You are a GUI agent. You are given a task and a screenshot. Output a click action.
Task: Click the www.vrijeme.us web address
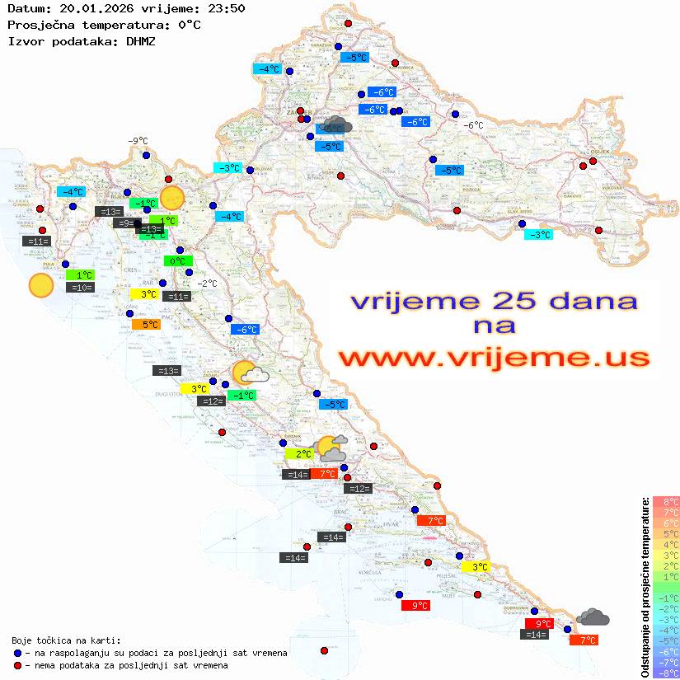coord(493,358)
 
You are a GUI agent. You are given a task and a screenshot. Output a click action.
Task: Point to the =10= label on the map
coord(80,288)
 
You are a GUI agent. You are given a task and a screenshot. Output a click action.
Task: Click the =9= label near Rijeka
coord(124,223)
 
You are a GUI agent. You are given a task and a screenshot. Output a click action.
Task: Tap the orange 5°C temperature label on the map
coord(146,325)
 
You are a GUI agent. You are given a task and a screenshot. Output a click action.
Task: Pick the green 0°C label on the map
coord(176,261)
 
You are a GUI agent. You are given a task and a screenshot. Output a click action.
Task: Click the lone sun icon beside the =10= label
coord(40,286)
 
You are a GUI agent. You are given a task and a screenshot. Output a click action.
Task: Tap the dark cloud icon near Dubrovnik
coord(593,617)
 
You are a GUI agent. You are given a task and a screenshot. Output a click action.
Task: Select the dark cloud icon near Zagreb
coord(337,125)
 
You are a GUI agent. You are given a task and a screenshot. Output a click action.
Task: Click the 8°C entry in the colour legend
coord(665,501)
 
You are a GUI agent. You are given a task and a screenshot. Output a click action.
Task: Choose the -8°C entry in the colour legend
coord(665,673)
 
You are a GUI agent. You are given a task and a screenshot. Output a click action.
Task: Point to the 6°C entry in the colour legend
coord(665,523)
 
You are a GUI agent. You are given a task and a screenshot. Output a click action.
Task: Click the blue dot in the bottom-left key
coord(17,653)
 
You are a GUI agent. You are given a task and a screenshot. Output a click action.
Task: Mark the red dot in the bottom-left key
coord(17,665)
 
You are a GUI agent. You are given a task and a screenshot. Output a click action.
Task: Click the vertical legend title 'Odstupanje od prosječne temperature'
coord(644,587)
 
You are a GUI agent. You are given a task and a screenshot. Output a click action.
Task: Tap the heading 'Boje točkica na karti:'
coord(66,640)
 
